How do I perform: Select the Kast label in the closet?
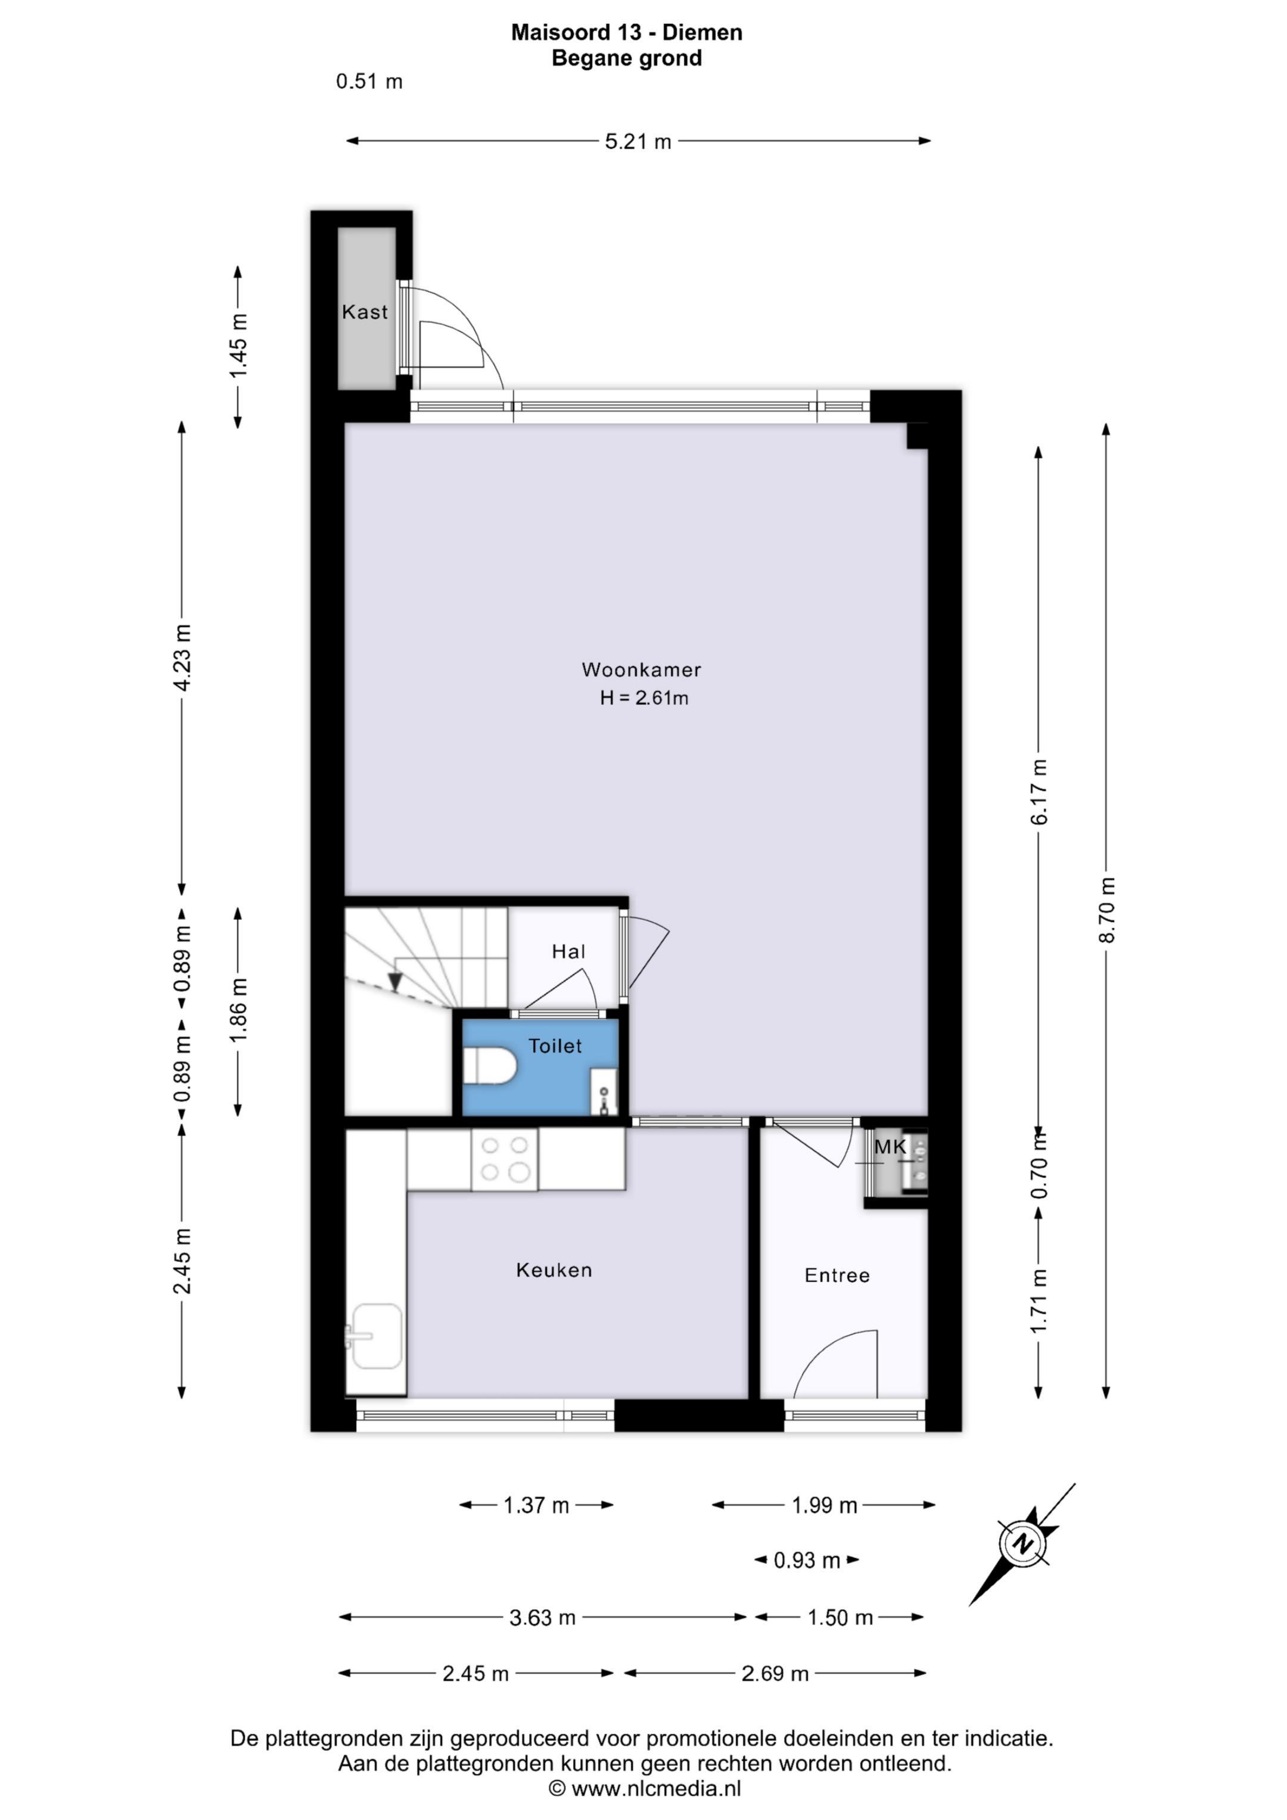365,312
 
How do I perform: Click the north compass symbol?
1023,1544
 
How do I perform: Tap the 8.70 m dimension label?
1107,910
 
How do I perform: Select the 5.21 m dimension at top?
638,142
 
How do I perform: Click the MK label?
890,1146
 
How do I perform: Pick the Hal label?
568,951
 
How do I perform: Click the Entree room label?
837,1275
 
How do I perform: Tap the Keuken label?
554,1271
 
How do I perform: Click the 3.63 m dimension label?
542,1618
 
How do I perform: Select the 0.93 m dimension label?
806,1561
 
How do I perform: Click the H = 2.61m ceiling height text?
644,698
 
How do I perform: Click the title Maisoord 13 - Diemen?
626,33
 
